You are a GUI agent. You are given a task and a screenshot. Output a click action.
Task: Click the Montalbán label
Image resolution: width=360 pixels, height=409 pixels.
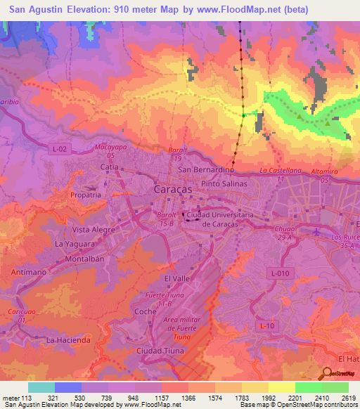pyautogui.click(x=84, y=258)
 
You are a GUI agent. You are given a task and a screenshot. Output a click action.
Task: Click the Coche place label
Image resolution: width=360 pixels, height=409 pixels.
pyautogui.click(x=145, y=311)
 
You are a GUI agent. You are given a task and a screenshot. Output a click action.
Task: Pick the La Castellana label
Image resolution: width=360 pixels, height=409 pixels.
pyautogui.click(x=280, y=171)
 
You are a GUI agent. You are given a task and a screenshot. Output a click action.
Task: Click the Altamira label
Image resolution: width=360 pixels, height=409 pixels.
pyautogui.click(x=324, y=171)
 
